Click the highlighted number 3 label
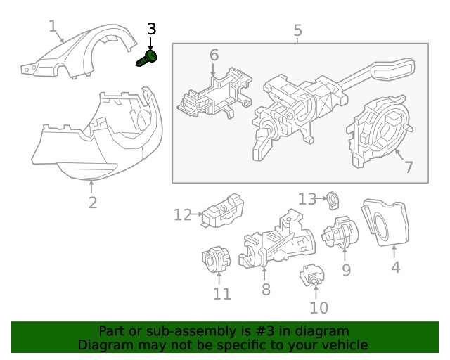click(151, 30)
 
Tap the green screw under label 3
click(147, 60)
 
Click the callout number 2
click(93, 203)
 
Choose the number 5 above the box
click(297, 31)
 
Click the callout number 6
click(214, 54)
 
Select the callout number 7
click(409, 167)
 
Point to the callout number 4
click(395, 267)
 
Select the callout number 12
click(182, 214)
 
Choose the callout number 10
click(319, 307)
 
